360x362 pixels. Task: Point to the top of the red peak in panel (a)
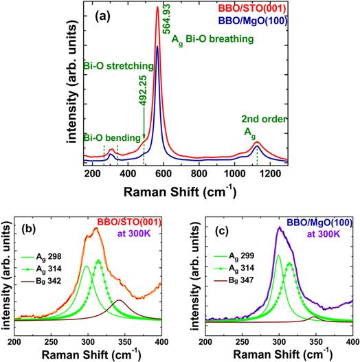pyautogui.click(x=157, y=8)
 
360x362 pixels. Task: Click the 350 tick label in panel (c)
pyautogui.click(x=315, y=341)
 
